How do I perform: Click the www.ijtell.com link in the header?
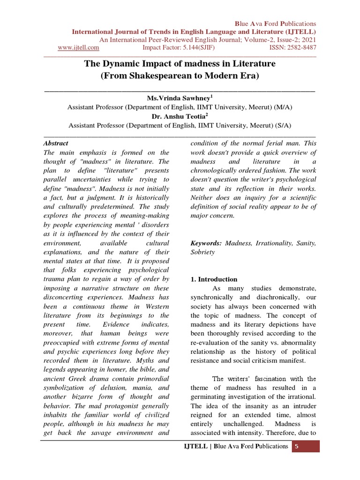tap(78, 47)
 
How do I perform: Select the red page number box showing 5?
tap(297, 446)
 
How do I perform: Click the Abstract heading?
tap(56, 143)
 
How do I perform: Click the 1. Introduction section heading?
tap(214, 279)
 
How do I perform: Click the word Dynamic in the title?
tap(121, 63)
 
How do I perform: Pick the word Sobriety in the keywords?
tap(202, 252)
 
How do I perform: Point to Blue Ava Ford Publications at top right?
tap(276, 23)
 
